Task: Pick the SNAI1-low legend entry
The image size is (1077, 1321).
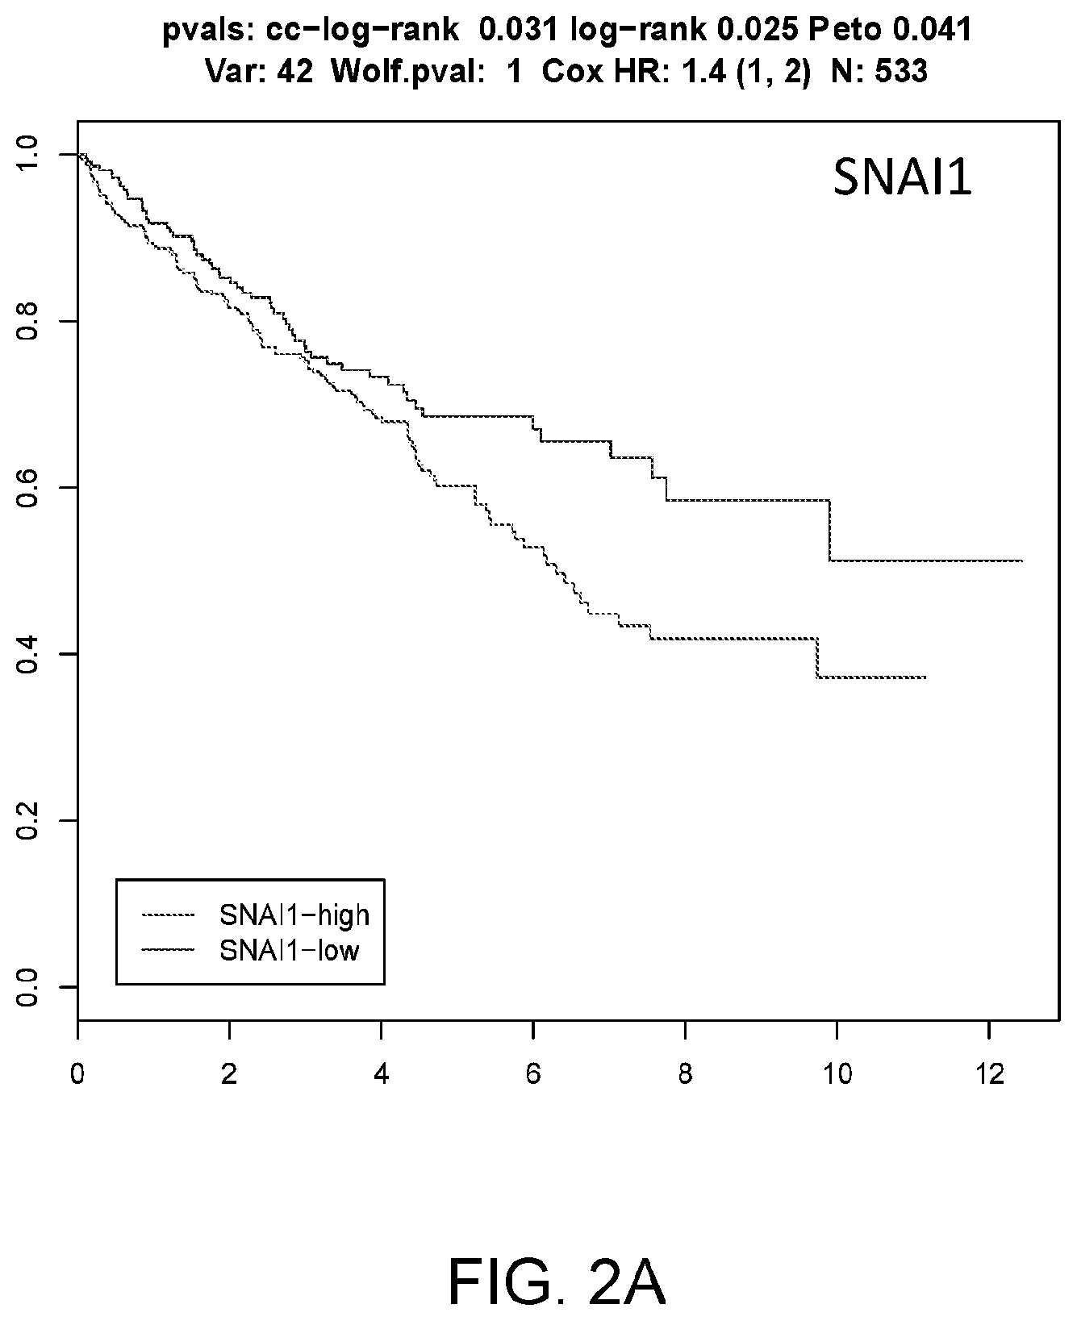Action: pos(250,951)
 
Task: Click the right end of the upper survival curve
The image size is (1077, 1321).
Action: pos(1022,560)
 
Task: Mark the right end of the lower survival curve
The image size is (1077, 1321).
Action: pos(925,677)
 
